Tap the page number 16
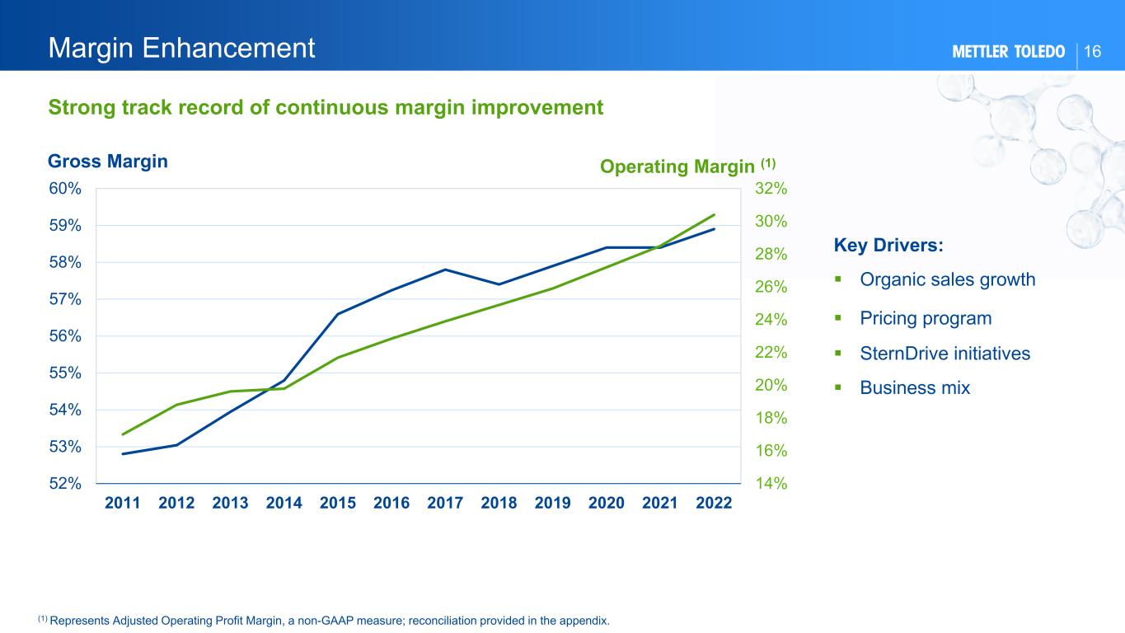[x=1093, y=52]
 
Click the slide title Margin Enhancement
[x=182, y=49]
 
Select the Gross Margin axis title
[x=108, y=162]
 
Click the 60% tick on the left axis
[x=64, y=189]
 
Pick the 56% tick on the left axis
[x=64, y=336]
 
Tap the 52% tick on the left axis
[x=64, y=484]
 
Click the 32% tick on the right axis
[x=771, y=189]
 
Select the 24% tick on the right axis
[x=771, y=320]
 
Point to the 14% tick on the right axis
[x=771, y=484]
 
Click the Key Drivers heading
[x=888, y=246]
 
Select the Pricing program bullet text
[x=926, y=318]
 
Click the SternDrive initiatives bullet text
[x=945, y=354]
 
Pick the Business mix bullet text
[x=915, y=387]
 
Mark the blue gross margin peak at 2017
[x=445, y=270]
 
